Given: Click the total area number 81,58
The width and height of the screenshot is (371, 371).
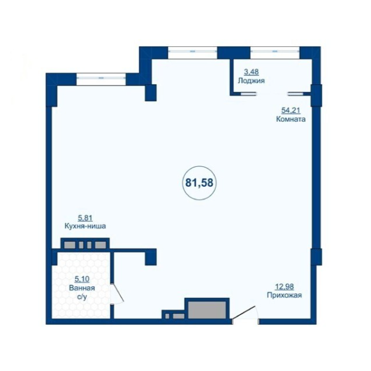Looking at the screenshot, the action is tap(199, 183).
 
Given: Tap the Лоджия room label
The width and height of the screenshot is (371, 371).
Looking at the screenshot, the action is tap(251, 80).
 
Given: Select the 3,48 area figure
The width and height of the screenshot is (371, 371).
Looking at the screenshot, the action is tap(251, 72).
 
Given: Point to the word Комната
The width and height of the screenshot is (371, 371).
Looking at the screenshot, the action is tap(291, 119).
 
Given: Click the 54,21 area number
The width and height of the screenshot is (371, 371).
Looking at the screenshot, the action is tap(291, 110).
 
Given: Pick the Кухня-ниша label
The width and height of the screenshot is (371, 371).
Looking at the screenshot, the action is tap(85, 226).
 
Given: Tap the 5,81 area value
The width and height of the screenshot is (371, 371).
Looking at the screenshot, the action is tap(85, 218).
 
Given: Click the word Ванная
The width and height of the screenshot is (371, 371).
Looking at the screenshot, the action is tap(82, 288).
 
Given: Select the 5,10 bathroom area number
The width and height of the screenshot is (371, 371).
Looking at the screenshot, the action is tap(82, 279).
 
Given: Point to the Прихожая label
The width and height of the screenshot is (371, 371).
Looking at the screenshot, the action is tap(284, 296).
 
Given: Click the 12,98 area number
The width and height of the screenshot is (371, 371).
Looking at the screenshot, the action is tap(284, 287).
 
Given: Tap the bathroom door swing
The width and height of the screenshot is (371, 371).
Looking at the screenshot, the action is tap(117, 293).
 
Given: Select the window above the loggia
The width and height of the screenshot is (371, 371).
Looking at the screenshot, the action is tap(275, 53).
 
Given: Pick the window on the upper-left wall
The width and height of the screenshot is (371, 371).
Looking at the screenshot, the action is tap(101, 79).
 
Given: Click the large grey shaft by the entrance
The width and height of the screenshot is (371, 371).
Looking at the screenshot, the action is tap(207, 310).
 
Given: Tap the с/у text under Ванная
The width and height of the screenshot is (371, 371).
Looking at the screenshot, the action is tap(82, 297).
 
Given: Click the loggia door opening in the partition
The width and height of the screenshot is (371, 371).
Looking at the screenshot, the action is tap(272, 94).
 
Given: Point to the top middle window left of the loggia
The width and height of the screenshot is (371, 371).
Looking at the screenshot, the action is tap(192, 53).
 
